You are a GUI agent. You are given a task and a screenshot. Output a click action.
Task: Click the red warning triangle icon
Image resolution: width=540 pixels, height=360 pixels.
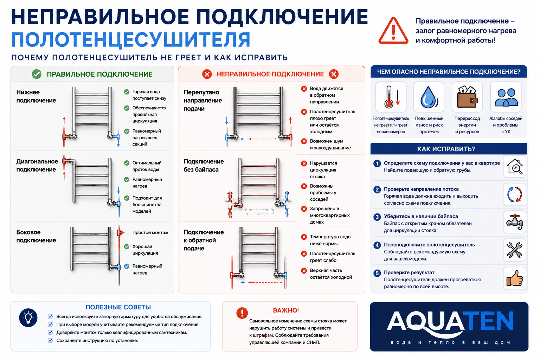[393, 31]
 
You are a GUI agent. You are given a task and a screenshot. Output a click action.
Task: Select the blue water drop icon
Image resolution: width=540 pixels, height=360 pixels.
[429, 97]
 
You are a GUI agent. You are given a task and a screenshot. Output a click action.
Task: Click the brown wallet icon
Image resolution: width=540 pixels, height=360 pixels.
[467, 97]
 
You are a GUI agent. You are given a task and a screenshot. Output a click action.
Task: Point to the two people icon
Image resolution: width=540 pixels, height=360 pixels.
[506, 97]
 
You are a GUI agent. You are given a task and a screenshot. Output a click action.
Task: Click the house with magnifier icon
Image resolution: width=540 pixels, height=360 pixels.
[514, 166]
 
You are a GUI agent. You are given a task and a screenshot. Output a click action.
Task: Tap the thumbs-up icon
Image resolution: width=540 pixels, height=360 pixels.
[514, 278]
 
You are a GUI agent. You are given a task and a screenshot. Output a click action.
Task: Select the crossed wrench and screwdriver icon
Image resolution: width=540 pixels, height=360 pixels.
[514, 250]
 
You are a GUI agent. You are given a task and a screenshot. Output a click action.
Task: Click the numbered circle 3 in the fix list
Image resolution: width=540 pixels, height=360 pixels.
[377, 217]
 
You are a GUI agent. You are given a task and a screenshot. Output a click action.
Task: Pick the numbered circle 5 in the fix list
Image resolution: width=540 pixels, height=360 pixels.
[377, 273]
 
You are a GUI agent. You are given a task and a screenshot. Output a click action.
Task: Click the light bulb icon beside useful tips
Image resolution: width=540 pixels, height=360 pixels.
[28, 317]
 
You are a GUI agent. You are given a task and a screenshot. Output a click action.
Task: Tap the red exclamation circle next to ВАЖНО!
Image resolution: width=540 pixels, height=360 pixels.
[242, 313]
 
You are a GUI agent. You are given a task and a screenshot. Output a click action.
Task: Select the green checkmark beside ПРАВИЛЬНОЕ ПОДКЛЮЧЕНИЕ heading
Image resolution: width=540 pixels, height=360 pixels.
[37, 74]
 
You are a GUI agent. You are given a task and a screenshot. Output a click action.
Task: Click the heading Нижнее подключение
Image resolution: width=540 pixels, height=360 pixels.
[36, 96]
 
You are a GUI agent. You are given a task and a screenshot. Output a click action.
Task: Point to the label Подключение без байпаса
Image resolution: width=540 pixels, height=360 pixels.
[204, 166]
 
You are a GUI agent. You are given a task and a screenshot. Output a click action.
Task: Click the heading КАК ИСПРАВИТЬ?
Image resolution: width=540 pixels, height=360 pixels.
[446, 149]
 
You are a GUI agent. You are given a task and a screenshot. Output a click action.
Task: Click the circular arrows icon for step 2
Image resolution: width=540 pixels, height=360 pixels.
[514, 194]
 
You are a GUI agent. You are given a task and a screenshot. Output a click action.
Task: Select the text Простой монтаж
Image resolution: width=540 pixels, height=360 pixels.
[150, 233]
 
